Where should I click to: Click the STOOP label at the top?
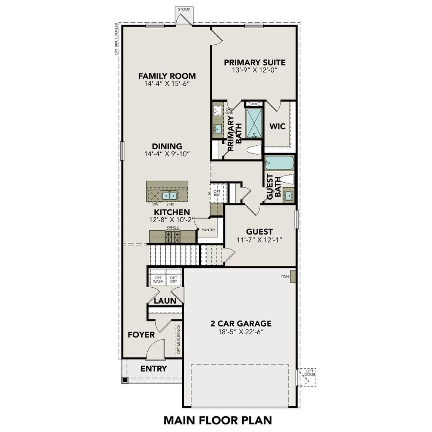184,9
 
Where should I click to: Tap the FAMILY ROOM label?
167,76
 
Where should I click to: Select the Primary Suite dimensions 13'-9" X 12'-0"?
254,70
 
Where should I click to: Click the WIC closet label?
278,126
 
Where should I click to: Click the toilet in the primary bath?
254,150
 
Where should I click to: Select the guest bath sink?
289,196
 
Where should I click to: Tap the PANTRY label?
208,230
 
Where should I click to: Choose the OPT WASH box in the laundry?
158,279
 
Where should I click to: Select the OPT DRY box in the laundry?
173,279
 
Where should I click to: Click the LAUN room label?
162,301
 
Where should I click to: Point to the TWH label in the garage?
284,277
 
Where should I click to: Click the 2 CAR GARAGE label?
241,324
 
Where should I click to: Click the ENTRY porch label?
154,368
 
